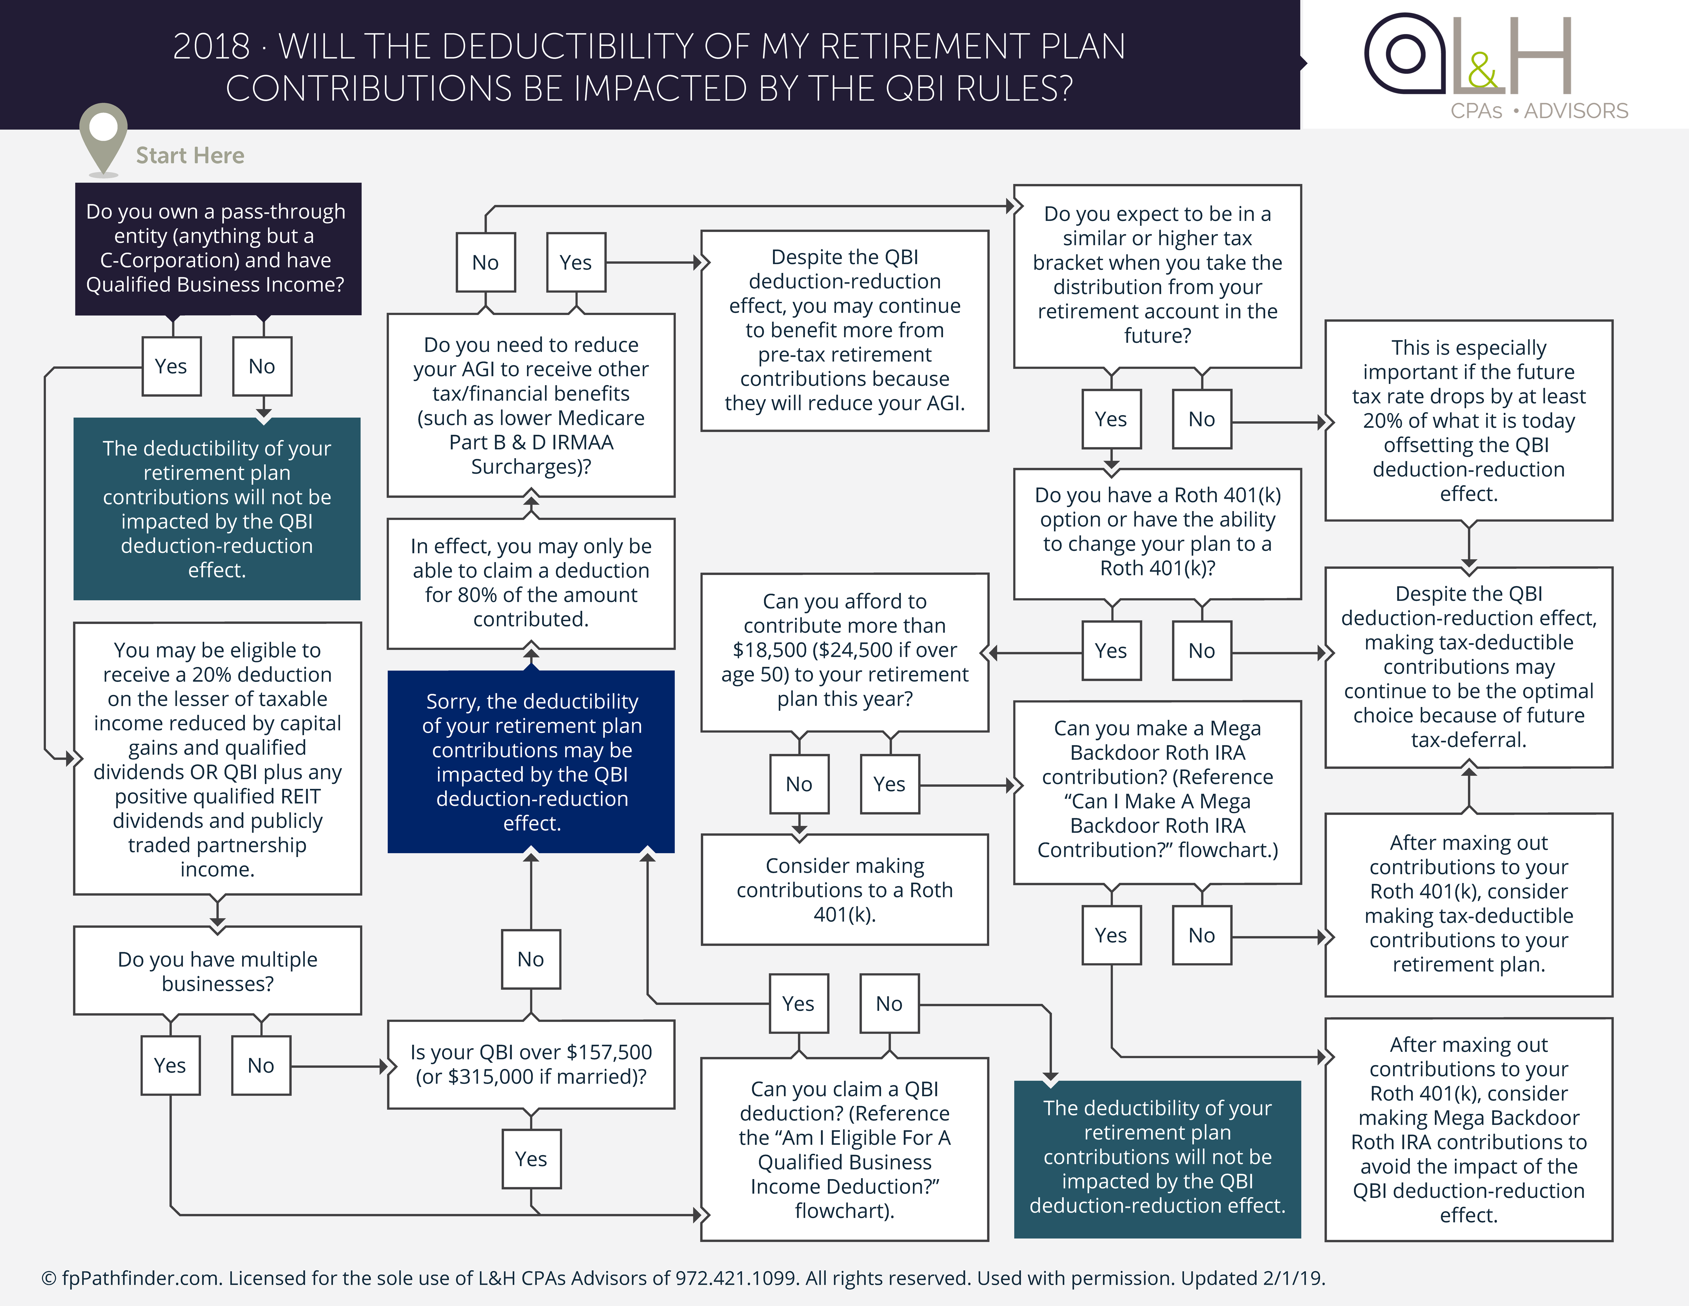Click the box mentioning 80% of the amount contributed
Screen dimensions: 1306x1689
531,583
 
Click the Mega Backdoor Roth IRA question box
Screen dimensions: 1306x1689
1157,790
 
